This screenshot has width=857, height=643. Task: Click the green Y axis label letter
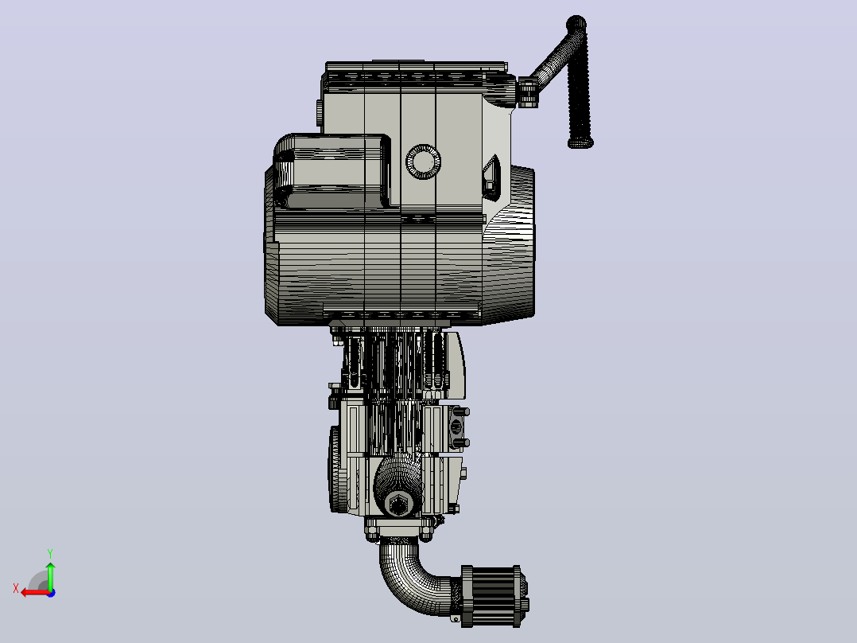tap(50, 553)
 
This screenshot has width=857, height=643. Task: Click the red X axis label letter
tap(16, 588)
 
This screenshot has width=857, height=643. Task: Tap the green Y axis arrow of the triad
tap(50, 575)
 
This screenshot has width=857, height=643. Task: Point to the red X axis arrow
tap(36, 593)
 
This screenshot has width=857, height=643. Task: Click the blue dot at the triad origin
tap(52, 593)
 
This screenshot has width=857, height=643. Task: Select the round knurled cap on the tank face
tap(423, 162)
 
